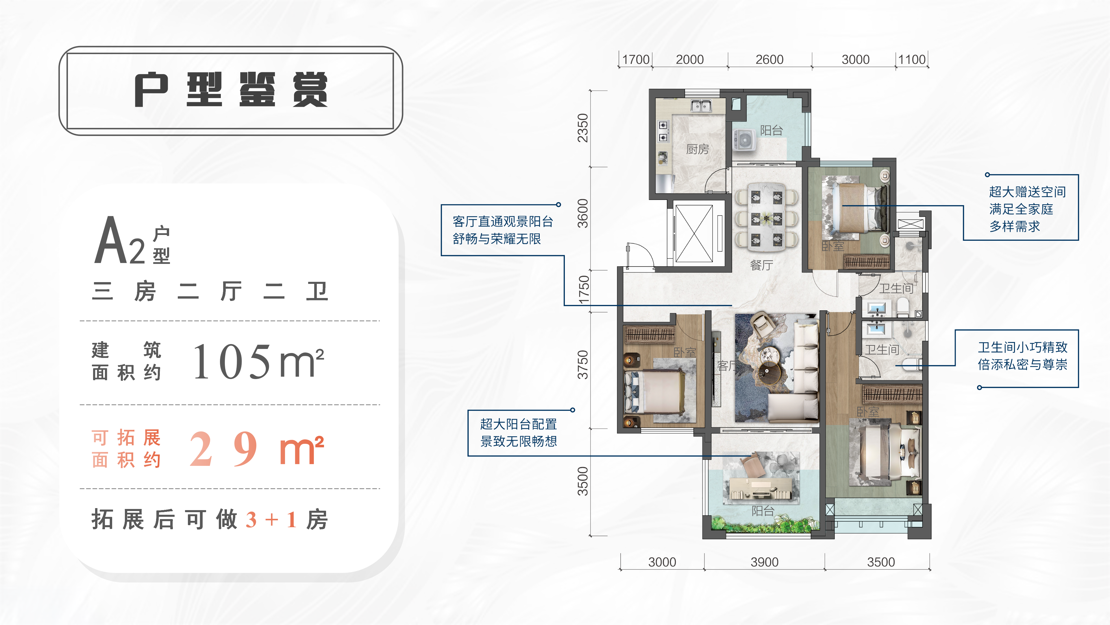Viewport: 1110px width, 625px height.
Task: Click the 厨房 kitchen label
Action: point(697,149)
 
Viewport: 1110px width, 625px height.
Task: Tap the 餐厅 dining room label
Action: point(761,265)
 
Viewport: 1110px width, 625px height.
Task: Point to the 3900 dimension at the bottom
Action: point(764,562)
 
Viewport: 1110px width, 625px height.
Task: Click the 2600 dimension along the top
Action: point(769,60)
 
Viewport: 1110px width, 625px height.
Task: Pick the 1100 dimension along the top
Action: point(912,60)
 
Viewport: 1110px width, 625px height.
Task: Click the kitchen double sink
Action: point(701,105)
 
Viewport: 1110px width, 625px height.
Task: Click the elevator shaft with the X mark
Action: point(694,233)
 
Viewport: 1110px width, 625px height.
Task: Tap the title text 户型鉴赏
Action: point(231,90)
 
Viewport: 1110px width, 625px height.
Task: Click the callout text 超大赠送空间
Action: point(1027,192)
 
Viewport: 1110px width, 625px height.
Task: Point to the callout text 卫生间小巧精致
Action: point(1022,347)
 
